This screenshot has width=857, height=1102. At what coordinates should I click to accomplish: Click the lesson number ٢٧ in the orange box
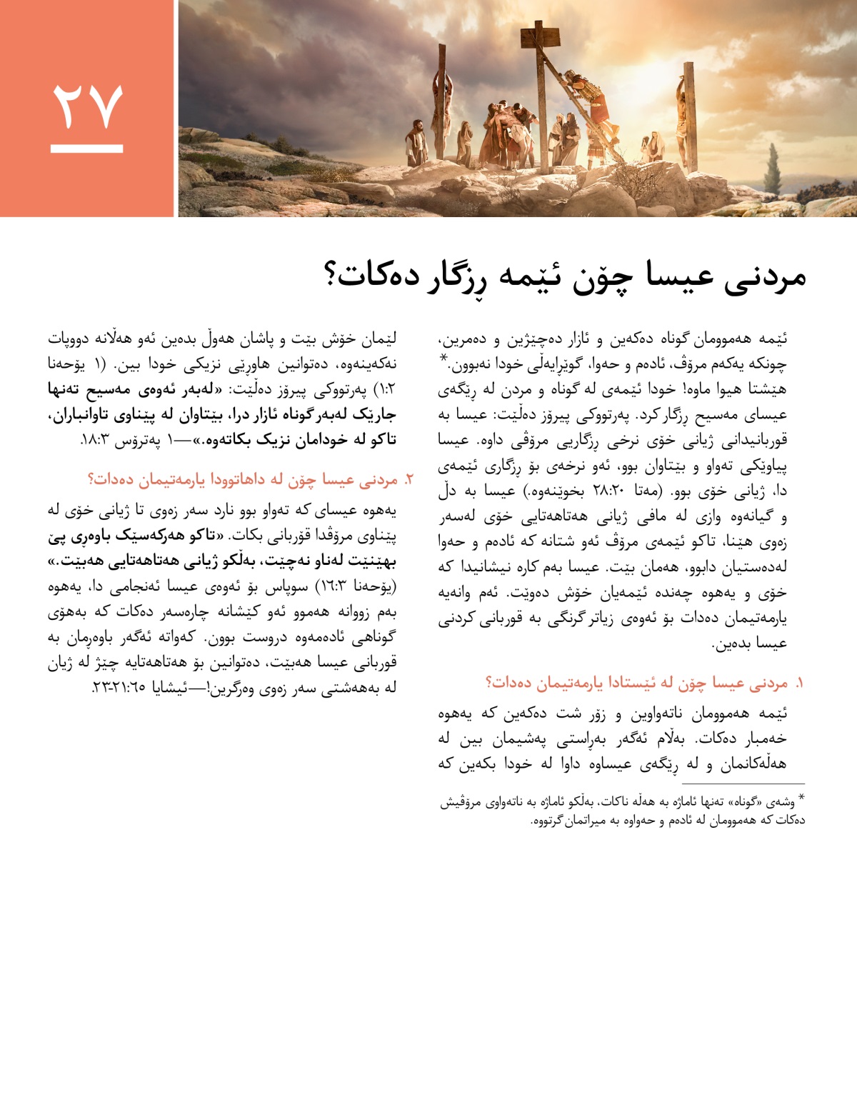(87, 107)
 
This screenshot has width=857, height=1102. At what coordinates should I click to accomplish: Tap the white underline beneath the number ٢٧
(87, 149)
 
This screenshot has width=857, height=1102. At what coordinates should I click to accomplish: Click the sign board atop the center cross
(541, 34)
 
